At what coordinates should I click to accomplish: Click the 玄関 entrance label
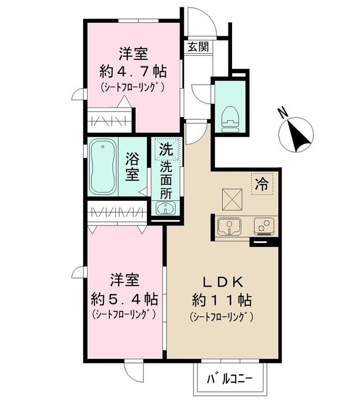198,47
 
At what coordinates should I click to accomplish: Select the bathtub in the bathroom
103,167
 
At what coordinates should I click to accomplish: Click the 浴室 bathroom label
132,166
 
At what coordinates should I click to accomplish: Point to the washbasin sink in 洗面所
166,209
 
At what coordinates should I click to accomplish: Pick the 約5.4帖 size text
124,298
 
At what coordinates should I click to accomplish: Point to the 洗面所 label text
167,181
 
